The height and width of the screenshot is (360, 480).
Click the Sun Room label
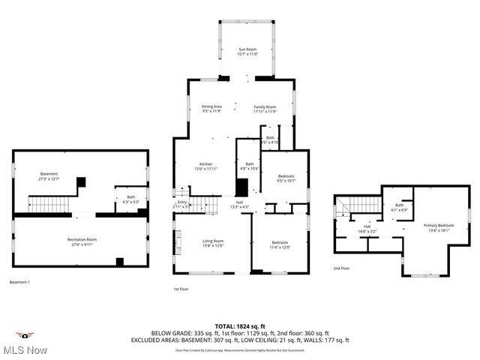247,51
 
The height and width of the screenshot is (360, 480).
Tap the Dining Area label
211,109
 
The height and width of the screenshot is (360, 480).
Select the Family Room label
265,109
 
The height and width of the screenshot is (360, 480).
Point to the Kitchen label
205,166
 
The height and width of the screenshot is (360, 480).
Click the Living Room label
213,243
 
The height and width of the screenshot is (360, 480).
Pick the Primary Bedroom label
439,227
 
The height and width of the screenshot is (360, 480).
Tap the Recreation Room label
82,241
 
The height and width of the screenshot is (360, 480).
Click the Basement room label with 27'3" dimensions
49,176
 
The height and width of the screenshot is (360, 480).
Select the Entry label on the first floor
181,203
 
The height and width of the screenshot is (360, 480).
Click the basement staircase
50,205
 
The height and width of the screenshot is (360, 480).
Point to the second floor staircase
346,205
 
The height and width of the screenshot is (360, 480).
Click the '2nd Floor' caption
342,268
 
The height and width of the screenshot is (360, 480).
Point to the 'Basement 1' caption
19,282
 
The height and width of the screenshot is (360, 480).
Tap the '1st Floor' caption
181,288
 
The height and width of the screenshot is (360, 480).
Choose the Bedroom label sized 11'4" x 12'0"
280,244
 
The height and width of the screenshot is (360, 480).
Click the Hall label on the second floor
367,229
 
